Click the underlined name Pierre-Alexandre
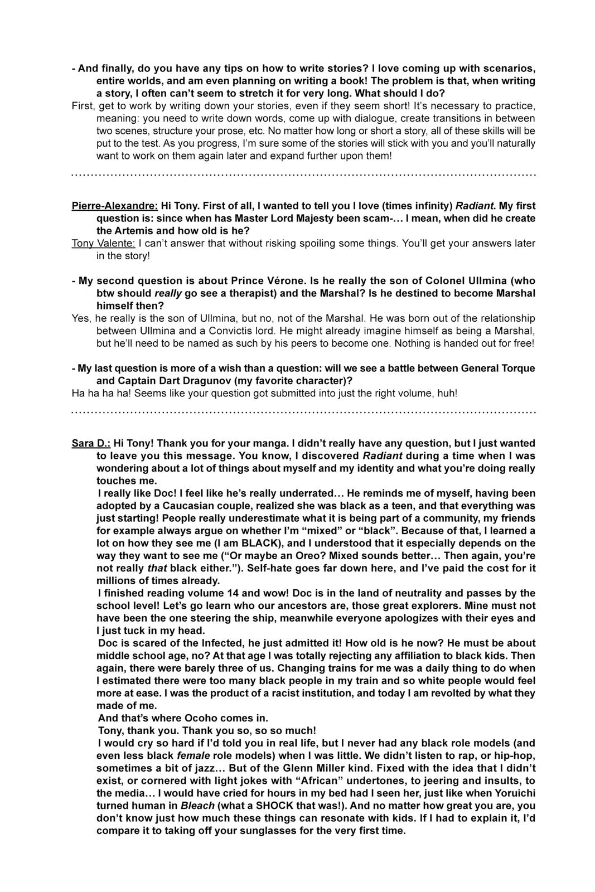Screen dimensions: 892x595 pyautogui.click(x=114, y=206)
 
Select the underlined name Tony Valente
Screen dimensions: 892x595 pyautogui.click(x=103, y=243)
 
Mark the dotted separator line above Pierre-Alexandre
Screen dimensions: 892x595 pyautogui.click(x=304, y=176)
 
